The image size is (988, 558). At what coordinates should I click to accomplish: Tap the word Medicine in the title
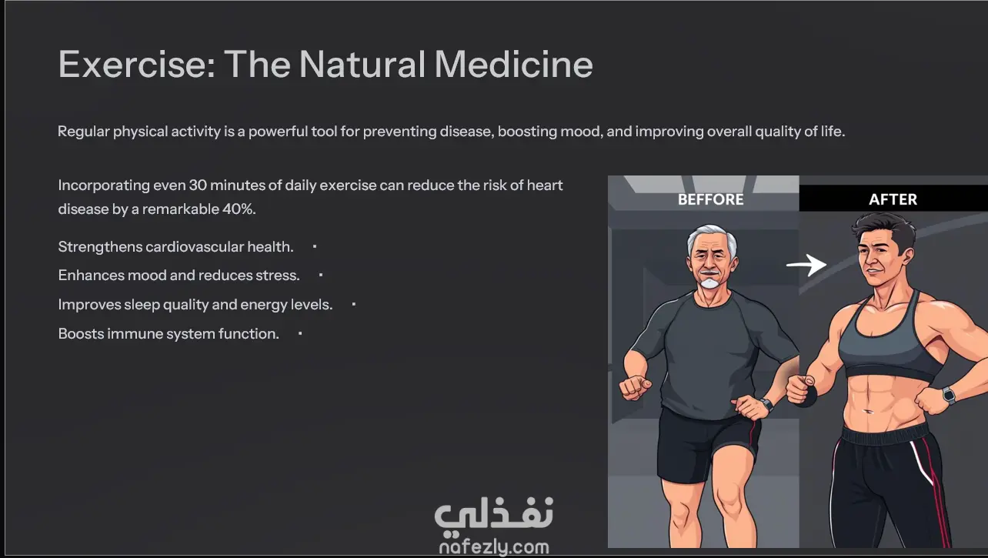(x=514, y=65)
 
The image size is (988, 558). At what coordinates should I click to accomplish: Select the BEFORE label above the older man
(x=710, y=199)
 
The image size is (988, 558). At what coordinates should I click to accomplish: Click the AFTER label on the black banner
(x=893, y=199)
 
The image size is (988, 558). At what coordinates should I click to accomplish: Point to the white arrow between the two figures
(x=806, y=265)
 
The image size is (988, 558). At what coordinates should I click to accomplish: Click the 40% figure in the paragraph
(x=239, y=209)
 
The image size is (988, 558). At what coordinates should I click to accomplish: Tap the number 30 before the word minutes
(x=198, y=185)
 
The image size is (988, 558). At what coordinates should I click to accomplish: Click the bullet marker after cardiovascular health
(x=315, y=246)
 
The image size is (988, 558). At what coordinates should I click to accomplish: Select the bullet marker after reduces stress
(x=321, y=276)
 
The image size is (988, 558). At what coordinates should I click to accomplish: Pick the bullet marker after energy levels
(x=354, y=304)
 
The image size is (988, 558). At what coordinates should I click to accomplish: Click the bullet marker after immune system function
(x=300, y=334)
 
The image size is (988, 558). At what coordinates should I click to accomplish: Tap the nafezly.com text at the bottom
(x=494, y=547)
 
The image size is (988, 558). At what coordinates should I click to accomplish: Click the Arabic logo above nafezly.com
(x=493, y=516)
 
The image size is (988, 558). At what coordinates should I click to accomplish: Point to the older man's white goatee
(x=709, y=282)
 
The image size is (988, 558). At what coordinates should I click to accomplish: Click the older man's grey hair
(x=711, y=236)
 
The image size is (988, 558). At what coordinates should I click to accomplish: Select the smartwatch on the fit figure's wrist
(x=949, y=395)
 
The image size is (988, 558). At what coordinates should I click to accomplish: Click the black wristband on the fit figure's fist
(x=807, y=396)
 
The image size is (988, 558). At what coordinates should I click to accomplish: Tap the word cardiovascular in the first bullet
(x=195, y=246)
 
